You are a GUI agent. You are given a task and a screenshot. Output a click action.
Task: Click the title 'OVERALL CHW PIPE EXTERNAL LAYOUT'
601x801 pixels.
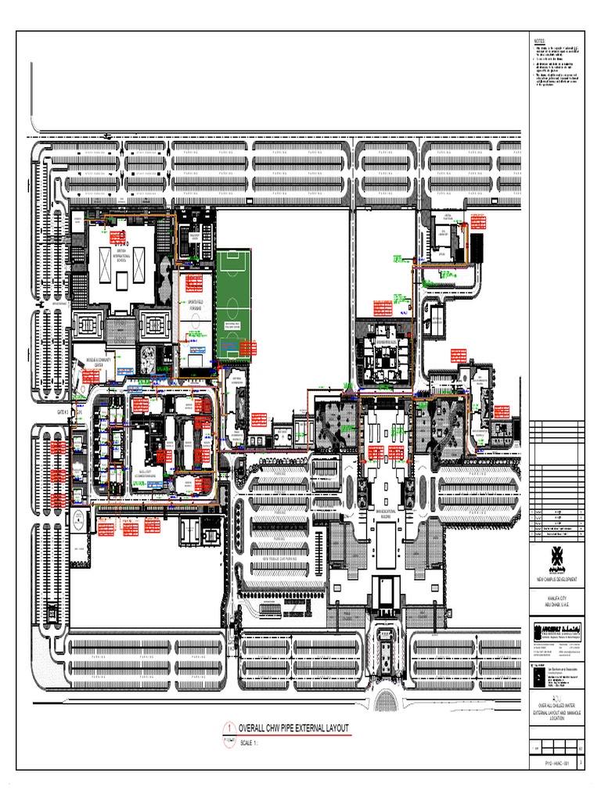(x=293, y=728)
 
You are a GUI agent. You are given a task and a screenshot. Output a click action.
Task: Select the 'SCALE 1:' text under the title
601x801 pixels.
(x=250, y=743)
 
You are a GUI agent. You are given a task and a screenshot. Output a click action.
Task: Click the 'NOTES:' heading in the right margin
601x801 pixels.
(x=539, y=41)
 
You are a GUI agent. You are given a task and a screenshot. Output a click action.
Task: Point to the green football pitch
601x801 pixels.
(x=233, y=305)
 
